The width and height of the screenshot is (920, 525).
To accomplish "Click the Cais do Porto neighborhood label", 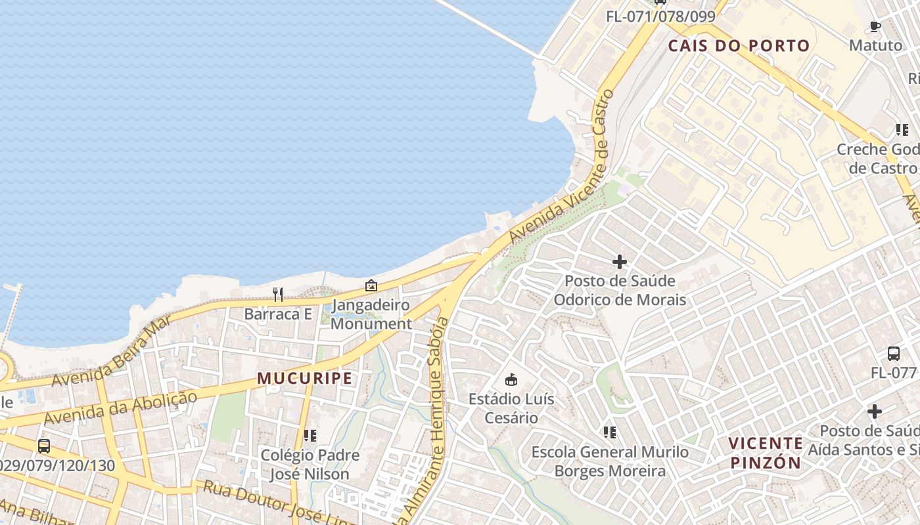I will (739, 46).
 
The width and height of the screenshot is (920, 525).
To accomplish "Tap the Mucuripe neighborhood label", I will (304, 379).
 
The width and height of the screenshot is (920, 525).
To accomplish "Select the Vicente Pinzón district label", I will (766, 453).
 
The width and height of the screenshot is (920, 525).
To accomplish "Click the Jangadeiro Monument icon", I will (371, 285).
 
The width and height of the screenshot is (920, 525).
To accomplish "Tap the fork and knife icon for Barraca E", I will (278, 295).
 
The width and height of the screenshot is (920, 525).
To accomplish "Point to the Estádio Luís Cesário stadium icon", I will (511, 379).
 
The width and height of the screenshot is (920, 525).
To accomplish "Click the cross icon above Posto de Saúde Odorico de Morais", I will (619, 262).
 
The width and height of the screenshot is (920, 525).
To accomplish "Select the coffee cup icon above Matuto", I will (875, 26).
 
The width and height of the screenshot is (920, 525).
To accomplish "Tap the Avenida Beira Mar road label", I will (112, 350).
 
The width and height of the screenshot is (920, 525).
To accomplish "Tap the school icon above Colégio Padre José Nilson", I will (310, 435).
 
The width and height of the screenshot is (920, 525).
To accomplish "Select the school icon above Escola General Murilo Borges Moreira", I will (610, 432).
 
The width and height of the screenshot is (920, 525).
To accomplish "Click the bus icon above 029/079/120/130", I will (44, 446).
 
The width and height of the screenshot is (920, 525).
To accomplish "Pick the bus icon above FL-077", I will (894, 353).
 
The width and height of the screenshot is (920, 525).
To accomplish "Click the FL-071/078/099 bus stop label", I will (660, 16).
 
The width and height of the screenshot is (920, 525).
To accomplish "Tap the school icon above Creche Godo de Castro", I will (902, 130).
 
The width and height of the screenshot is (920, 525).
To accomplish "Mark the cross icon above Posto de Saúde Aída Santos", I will (874, 411).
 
